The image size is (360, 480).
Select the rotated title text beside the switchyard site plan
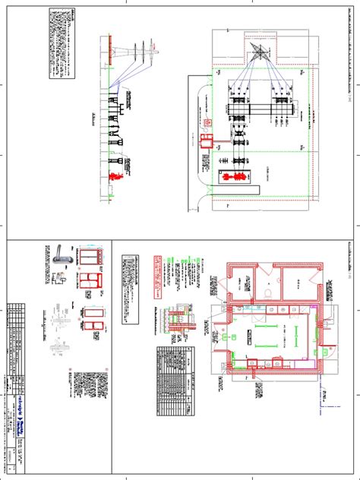tap(332, 106)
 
